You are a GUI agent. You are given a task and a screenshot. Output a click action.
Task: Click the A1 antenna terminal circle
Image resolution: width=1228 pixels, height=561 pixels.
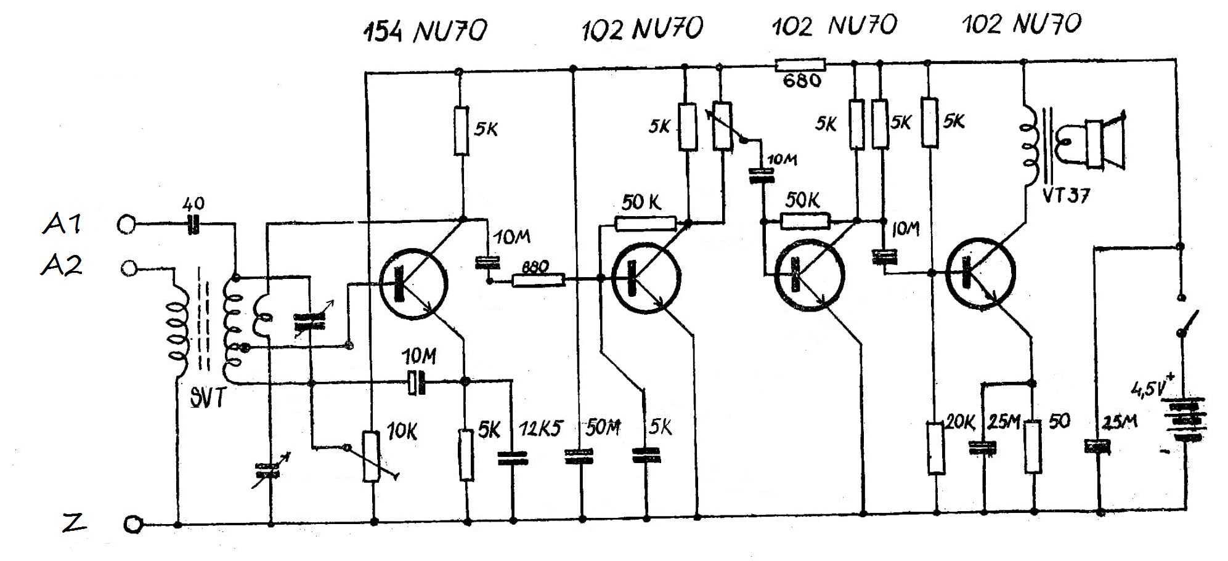[126, 225]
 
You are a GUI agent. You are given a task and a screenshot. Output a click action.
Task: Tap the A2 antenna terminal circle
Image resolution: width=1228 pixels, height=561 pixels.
[129, 268]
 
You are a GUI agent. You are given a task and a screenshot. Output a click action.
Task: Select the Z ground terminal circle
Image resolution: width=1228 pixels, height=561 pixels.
[132, 525]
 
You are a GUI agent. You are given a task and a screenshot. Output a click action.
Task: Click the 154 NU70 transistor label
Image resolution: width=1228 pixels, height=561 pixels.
[424, 31]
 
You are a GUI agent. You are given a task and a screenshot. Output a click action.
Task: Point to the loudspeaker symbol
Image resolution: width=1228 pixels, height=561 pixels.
[1103, 143]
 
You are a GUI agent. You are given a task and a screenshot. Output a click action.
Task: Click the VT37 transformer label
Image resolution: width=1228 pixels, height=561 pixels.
[1066, 196]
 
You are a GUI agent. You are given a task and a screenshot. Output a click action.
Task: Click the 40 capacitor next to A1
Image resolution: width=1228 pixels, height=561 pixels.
[193, 225]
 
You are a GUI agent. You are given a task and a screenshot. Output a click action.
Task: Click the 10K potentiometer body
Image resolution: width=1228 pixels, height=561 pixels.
[370, 456]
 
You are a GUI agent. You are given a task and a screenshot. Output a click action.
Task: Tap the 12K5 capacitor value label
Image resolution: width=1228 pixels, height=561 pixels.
[540, 429]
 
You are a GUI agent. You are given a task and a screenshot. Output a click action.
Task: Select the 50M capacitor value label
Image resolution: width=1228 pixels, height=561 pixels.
[602, 427]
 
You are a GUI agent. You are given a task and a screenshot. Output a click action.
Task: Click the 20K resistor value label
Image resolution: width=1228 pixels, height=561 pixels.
[960, 422]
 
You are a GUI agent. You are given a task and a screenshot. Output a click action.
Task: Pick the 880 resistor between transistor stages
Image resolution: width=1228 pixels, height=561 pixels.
[538, 281]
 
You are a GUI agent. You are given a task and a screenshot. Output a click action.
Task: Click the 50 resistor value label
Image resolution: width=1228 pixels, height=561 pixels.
[1060, 421]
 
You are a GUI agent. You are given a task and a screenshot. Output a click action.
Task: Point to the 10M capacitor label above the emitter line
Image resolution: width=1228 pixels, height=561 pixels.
[419, 356]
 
